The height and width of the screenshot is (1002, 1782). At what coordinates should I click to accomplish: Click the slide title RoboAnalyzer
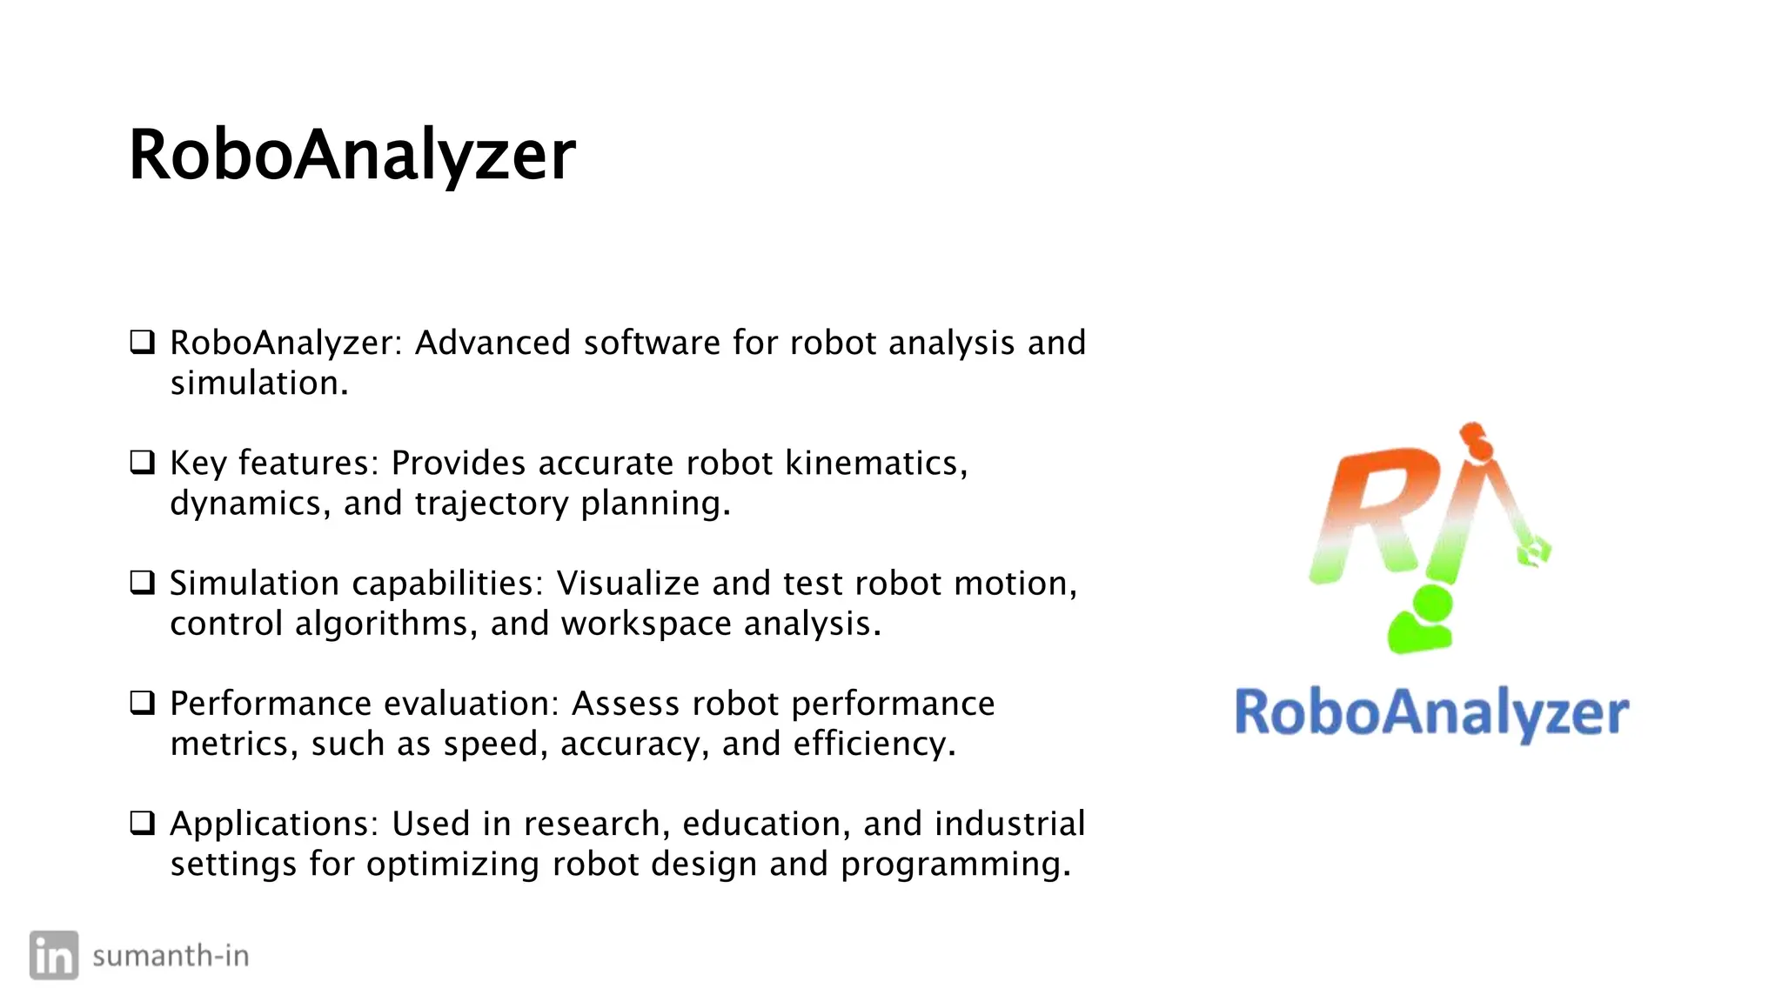point(352,155)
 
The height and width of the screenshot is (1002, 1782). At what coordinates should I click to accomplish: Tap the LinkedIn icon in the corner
point(54,955)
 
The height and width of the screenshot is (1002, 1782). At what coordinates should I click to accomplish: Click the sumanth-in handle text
point(171,956)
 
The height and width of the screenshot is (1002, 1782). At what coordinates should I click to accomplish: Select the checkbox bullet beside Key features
point(142,462)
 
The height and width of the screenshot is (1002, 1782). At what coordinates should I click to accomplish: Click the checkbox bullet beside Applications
point(142,822)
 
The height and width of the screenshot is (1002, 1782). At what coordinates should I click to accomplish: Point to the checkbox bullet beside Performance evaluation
point(142,702)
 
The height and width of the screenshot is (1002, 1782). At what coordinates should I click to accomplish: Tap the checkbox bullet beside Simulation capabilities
point(142,582)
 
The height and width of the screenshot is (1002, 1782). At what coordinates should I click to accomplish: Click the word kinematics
point(874,463)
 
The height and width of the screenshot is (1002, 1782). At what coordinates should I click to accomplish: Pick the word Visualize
point(627,583)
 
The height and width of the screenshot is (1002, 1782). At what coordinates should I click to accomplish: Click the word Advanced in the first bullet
point(492,343)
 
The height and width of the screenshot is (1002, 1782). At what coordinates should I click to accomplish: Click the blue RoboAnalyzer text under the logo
point(1431,713)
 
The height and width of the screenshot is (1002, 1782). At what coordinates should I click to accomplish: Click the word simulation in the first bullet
point(258,384)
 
